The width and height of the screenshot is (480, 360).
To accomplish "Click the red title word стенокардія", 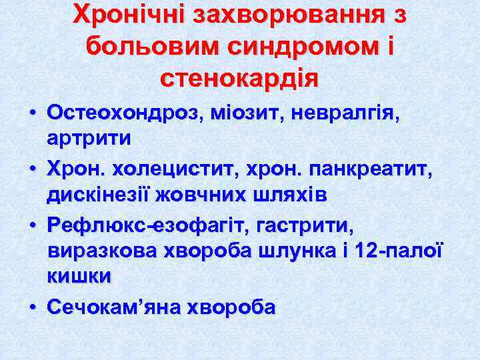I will (239, 78).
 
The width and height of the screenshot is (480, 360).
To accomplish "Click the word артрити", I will (89, 138).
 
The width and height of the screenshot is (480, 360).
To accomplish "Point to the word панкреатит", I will (373, 171).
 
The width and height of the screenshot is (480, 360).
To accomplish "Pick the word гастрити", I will (307, 227).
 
